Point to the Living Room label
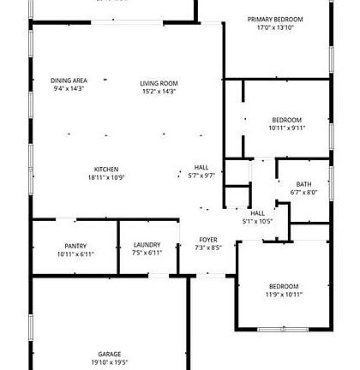[159, 83]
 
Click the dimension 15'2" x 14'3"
[159, 92]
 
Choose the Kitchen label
[106, 169]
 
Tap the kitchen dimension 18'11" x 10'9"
[106, 177]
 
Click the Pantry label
[75, 246]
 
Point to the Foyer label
[208, 239]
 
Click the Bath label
[303, 184]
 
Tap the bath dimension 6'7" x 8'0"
[303, 193]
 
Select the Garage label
[109, 354]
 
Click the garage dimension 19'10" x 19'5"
[109, 362]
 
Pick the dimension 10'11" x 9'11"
[286, 128]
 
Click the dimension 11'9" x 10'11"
[284, 295]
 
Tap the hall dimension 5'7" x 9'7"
[201, 176]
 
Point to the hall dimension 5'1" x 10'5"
[257, 221]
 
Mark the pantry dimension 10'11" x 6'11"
[75, 254]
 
